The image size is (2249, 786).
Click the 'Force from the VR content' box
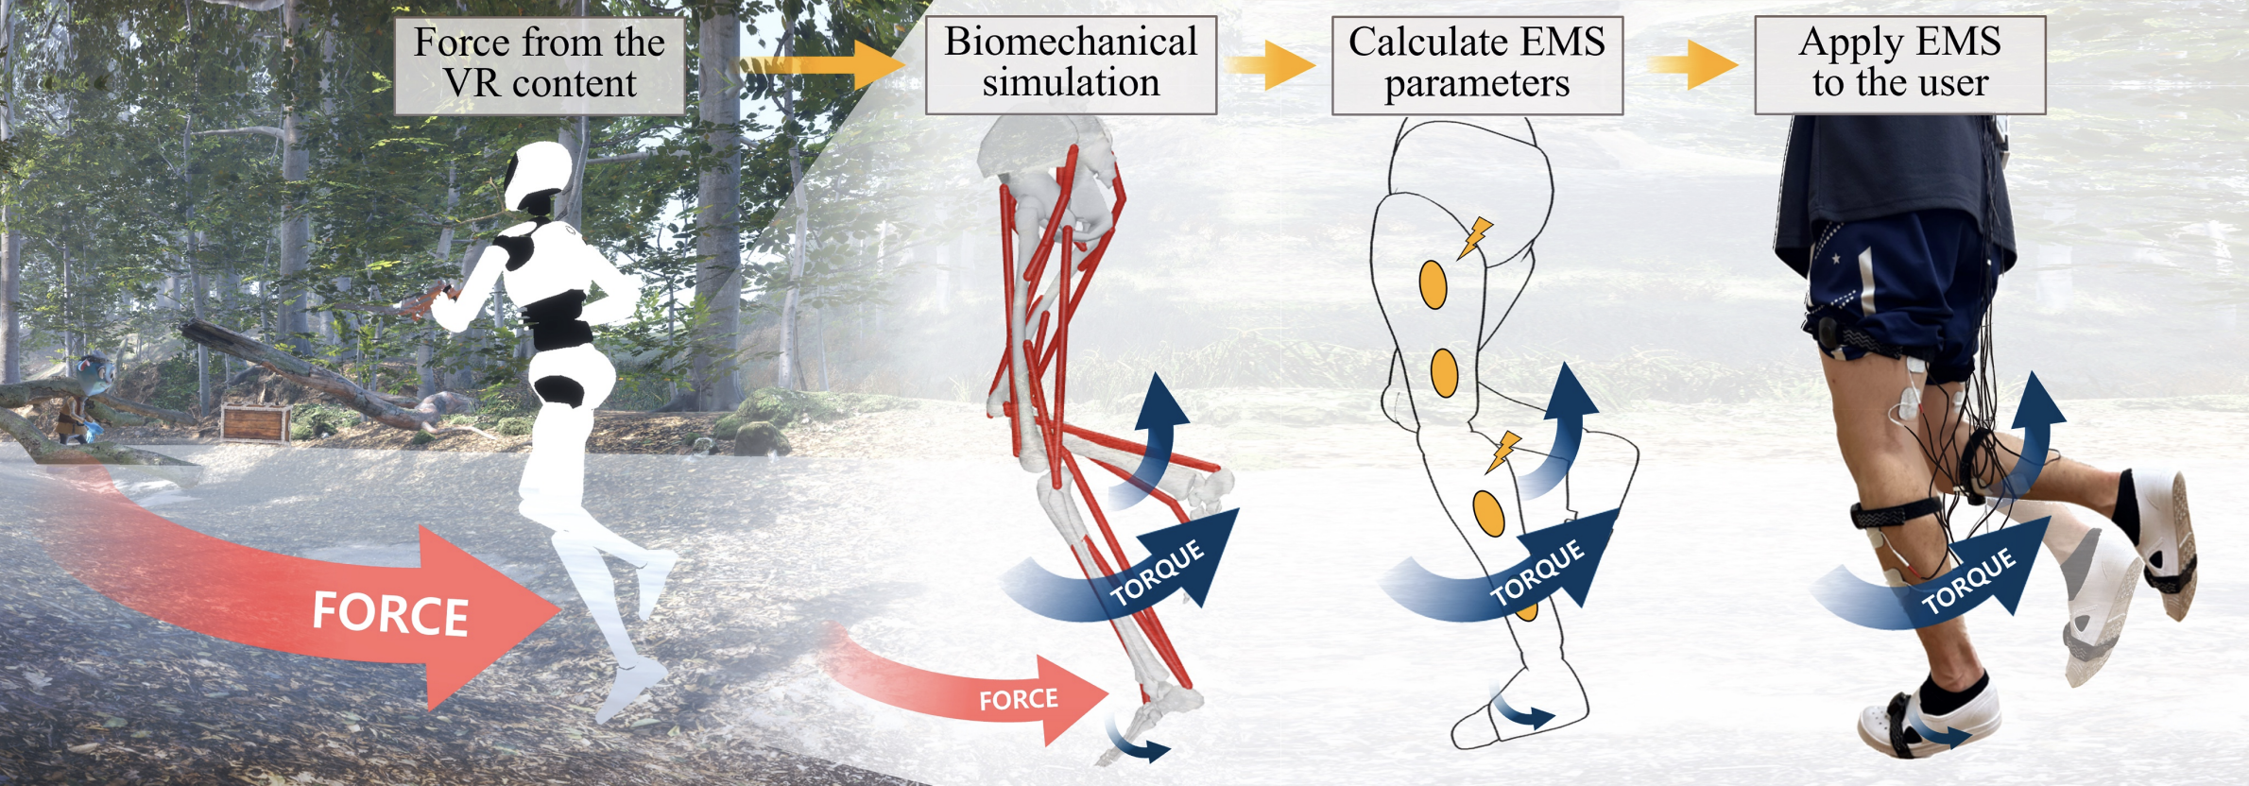[539, 64]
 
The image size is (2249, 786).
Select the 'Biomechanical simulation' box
[1071, 63]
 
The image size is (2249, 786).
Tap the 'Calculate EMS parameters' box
[1477, 63]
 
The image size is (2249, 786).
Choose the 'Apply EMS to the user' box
[1899, 63]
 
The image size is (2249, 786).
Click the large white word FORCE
[390, 613]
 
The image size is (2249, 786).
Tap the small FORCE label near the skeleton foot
[1018, 700]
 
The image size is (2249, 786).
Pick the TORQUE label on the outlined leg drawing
[1537, 572]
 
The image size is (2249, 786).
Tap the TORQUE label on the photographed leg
[1969, 581]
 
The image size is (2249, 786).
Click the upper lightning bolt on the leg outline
[1474, 236]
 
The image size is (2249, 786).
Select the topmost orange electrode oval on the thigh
[1434, 284]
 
